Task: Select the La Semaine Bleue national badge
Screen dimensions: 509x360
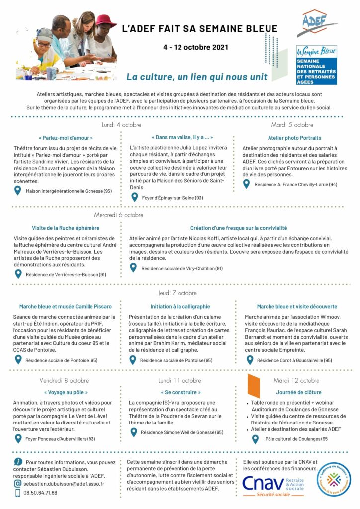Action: click(x=317, y=65)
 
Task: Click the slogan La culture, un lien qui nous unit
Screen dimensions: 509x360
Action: click(x=196, y=77)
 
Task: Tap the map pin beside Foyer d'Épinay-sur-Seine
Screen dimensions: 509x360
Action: click(x=134, y=197)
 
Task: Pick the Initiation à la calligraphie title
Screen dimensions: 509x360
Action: click(x=180, y=307)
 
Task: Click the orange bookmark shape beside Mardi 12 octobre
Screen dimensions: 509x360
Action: click(x=254, y=386)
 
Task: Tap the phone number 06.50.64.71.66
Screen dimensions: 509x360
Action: click(x=40, y=493)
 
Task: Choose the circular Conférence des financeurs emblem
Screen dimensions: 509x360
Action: click(x=335, y=479)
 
